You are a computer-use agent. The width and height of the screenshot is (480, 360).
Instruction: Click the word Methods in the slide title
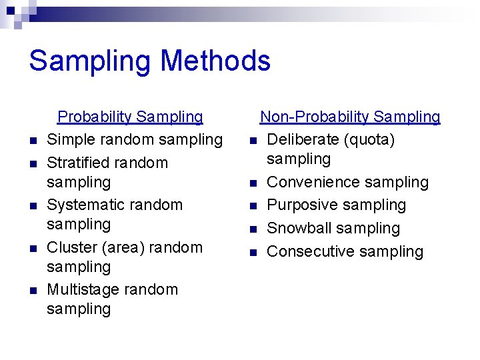tap(215, 61)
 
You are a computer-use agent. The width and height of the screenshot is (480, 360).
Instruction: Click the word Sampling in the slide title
tap(90, 61)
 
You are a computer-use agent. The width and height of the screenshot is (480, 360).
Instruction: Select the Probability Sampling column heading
tap(130, 117)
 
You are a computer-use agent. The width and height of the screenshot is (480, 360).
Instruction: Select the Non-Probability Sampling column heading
tap(350, 117)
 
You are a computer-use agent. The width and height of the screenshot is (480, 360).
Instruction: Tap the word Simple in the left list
tap(69, 140)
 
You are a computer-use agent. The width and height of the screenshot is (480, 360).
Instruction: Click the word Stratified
tap(78, 163)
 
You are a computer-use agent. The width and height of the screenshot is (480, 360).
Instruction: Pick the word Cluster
tap(72, 247)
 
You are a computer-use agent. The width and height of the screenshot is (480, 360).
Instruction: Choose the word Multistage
tap(79, 290)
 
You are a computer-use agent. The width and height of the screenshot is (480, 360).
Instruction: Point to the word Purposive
tap(299, 205)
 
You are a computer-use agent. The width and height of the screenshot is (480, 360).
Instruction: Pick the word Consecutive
tap(307, 251)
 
